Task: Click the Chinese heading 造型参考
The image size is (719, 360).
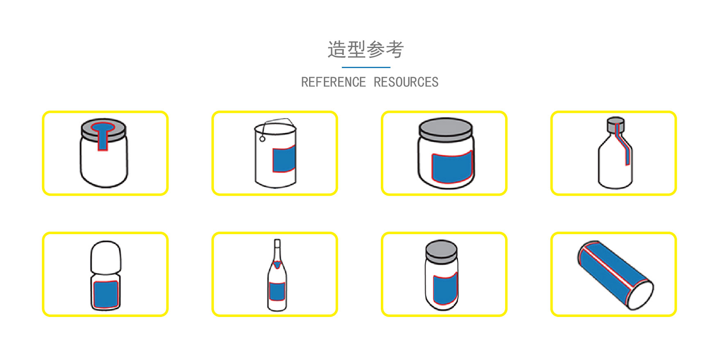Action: tap(366, 50)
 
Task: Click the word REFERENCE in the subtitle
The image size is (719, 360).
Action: tap(333, 82)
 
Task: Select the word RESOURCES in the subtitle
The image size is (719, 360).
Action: tap(406, 82)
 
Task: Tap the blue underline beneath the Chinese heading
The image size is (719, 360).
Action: tap(366, 67)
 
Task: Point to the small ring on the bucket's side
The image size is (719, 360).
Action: tap(262, 139)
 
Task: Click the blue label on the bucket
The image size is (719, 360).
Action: tap(284, 159)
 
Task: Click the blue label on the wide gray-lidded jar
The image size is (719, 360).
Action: tap(452, 166)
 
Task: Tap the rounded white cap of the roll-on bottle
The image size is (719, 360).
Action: tap(106, 257)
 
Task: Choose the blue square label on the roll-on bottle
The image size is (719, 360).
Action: tap(106, 294)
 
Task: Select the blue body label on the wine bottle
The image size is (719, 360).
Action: tap(277, 292)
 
